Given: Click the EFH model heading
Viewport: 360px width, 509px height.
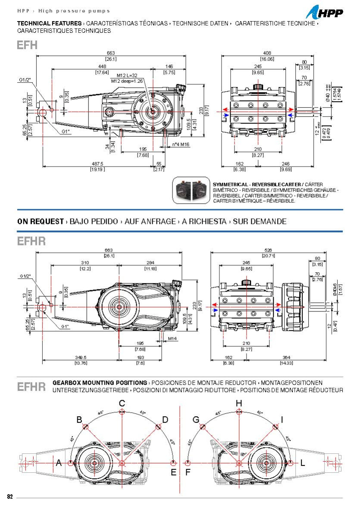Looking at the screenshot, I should [27, 45].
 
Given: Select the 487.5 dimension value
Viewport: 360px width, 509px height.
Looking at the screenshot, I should [98, 164].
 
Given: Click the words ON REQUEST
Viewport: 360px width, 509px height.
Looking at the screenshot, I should [41, 221].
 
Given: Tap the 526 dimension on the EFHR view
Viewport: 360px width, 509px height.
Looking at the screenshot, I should [268, 250].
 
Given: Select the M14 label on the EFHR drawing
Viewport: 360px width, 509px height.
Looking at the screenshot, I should [173, 338].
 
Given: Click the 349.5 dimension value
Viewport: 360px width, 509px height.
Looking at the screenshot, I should [81, 358].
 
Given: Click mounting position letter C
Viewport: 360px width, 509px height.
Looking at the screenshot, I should [122, 403].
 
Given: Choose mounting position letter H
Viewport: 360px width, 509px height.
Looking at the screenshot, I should [239, 403].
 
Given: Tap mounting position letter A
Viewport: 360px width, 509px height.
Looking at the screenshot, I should [59, 463].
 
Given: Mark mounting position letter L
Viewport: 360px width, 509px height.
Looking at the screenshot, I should [303, 463].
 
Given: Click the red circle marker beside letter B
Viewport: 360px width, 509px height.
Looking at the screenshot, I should [86, 427].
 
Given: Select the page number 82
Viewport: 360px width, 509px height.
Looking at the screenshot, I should [10, 496].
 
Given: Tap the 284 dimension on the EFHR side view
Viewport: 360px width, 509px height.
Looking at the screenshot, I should [150, 263].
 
